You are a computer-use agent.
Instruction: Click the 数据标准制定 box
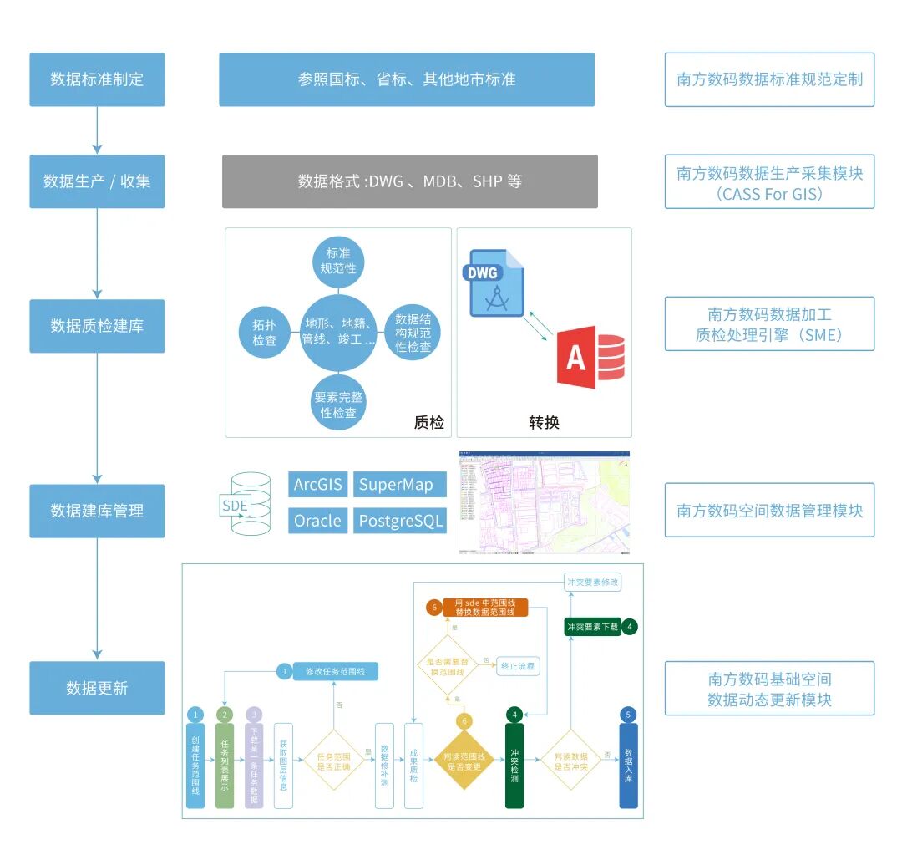click(97, 79)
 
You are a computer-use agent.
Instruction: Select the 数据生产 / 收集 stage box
click(97, 181)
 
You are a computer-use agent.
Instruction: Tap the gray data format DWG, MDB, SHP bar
click(409, 181)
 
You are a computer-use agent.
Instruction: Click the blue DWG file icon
click(496, 282)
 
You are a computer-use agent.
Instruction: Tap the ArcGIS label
click(318, 485)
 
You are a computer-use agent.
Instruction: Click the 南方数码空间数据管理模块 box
click(769, 510)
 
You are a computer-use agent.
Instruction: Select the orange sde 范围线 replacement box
click(485, 608)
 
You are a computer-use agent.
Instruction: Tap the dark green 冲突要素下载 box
click(592, 626)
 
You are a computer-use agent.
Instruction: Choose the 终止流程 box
click(518, 666)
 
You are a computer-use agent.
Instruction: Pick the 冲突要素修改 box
click(592, 582)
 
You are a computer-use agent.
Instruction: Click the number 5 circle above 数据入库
click(628, 715)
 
